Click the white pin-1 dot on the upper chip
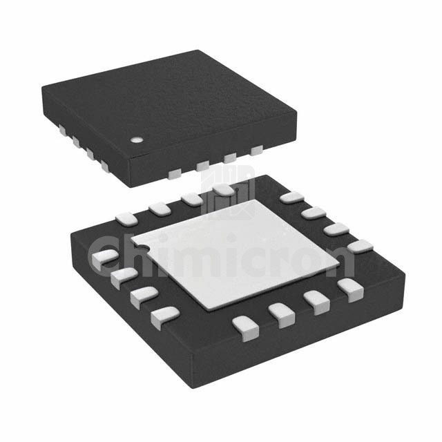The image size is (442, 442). [137, 140]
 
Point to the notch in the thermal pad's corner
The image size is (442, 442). [144, 247]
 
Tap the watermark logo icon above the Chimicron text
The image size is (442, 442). [228, 191]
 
